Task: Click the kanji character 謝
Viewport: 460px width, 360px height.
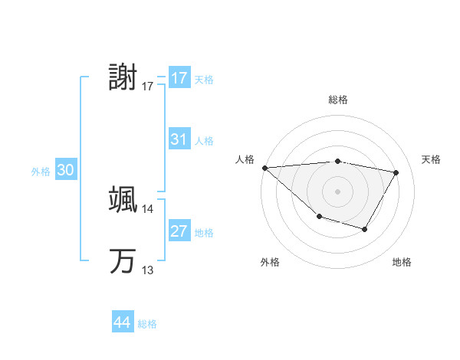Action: click(x=123, y=78)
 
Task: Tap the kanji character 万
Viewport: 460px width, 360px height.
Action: click(x=123, y=261)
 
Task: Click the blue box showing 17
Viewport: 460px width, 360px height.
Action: click(x=179, y=78)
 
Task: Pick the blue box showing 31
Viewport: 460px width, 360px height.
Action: click(x=179, y=139)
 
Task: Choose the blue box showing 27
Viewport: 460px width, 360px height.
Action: click(x=179, y=231)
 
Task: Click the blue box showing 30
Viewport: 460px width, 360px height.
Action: click(x=66, y=171)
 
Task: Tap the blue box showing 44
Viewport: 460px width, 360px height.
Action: click(x=123, y=322)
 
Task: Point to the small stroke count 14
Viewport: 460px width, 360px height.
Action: click(x=148, y=208)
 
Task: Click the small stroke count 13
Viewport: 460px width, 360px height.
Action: click(x=148, y=270)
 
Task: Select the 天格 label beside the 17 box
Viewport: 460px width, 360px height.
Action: click(x=204, y=80)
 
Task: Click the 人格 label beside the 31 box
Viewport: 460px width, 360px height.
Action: click(x=204, y=141)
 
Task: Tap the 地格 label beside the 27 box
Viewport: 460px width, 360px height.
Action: click(x=204, y=233)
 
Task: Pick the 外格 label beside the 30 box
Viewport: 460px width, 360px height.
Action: click(x=41, y=172)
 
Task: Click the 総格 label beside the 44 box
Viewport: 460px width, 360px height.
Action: click(x=147, y=324)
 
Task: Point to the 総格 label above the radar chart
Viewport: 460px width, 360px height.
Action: click(x=337, y=100)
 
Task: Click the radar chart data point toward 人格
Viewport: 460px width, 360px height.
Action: click(x=264, y=167)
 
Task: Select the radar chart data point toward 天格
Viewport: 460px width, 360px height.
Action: click(x=396, y=172)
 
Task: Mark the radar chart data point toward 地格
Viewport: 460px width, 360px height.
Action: click(x=365, y=229)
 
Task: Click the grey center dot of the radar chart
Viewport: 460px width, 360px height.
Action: click(x=337, y=191)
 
